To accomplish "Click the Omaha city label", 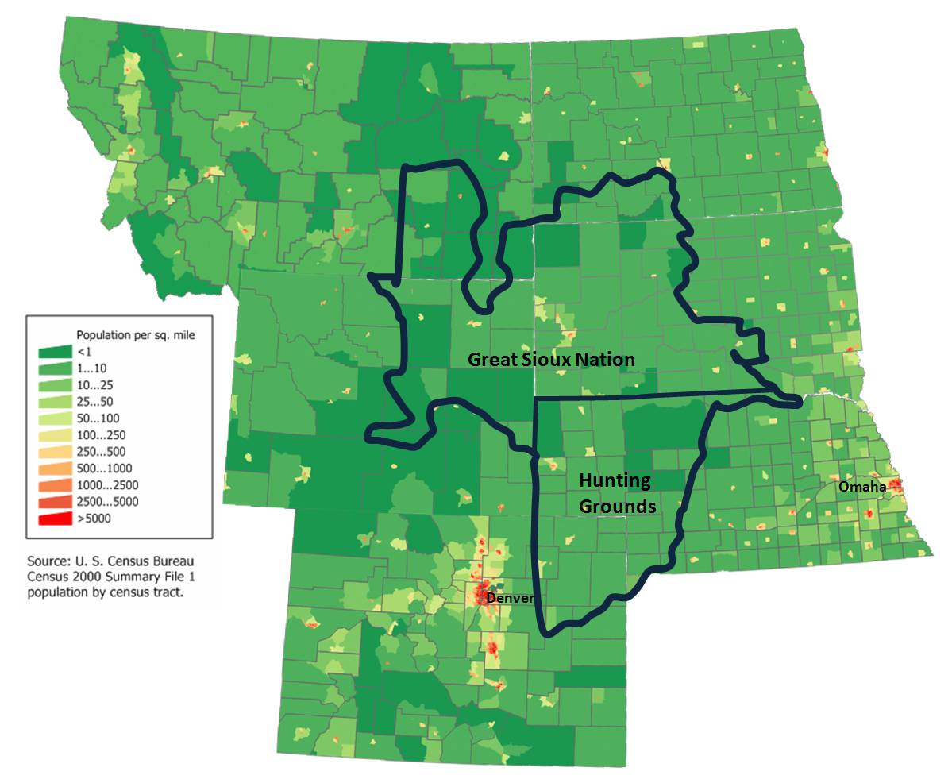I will pos(862,487).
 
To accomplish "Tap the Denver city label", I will pos(509,597).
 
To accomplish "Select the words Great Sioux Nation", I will pos(551,359).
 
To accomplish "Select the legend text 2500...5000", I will pos(107,502).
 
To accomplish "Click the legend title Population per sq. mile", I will pos(135,335).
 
